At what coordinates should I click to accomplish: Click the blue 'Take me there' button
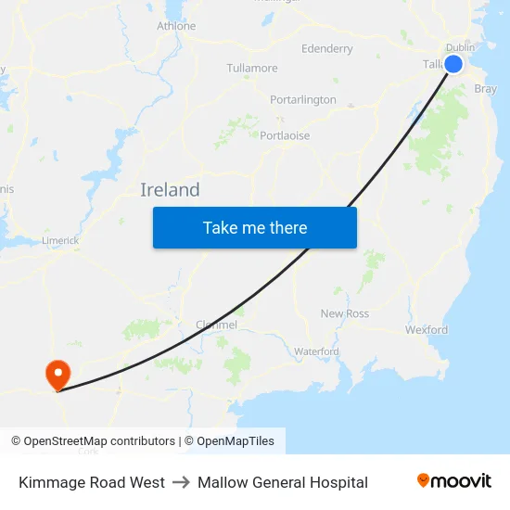coord(254,227)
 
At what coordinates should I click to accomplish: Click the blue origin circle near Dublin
coord(453,64)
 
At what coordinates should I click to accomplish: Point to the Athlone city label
coord(176,26)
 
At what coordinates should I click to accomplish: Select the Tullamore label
coord(252,68)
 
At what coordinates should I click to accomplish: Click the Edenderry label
coord(327,48)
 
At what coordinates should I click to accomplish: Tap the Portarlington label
coord(303,99)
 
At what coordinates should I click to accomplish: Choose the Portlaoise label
coord(285,135)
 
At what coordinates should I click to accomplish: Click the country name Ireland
coord(170,190)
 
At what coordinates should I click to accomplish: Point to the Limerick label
coord(60,240)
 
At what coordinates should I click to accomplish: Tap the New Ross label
coord(345,313)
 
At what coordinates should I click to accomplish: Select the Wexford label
coord(427,329)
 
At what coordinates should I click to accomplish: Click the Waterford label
coord(316,351)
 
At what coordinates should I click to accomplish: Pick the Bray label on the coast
coord(485,89)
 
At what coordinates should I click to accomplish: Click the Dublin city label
coord(460,47)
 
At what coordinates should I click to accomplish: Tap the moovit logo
coord(454,481)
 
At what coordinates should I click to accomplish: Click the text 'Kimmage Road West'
coord(92,482)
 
